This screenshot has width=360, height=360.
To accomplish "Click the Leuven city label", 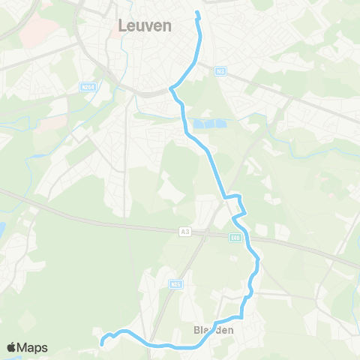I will [x=145, y=25].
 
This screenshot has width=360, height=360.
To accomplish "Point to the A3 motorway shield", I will [x=184, y=232].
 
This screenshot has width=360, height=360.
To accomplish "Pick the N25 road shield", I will [x=177, y=284].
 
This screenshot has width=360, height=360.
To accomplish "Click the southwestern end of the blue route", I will [x=101, y=344].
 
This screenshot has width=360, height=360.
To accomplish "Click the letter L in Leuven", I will [x=122, y=25].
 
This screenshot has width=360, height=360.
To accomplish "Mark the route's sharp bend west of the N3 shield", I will [x=172, y=89].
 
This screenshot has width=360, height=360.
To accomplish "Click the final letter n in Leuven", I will [x=167, y=25].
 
